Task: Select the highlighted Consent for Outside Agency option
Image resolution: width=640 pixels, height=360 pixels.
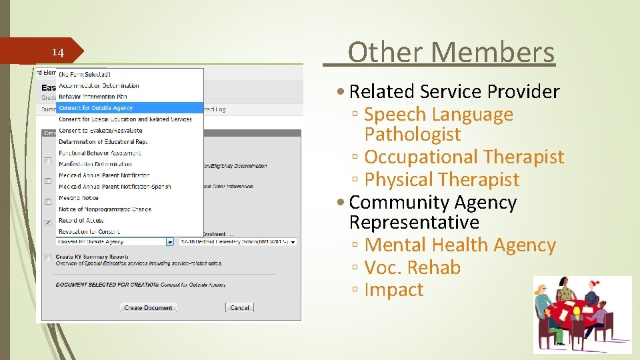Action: pos(96,108)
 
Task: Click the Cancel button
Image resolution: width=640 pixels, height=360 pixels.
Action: pos(239,307)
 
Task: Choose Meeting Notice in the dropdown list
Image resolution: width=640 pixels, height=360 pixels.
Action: pos(79,198)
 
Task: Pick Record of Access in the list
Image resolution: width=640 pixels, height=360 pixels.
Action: pos(81,220)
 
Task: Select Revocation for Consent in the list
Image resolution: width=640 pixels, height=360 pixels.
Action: pos(89,231)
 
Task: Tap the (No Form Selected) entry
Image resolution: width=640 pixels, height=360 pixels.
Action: pos(85,74)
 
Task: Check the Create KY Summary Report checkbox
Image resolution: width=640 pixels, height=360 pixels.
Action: pos(47,257)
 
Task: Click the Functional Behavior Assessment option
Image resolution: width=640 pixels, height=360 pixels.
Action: pos(99,153)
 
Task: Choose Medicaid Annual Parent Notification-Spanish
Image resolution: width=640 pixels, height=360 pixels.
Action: pos(115,187)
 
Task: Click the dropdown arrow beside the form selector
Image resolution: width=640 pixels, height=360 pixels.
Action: pos(170,242)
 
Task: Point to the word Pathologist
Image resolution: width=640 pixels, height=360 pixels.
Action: pos(413,135)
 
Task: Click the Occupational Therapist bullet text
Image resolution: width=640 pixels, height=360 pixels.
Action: pos(464,157)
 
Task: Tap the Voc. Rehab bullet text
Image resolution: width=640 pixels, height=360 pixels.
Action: pos(413,268)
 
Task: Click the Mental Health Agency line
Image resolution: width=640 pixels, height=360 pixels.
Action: pos(460,245)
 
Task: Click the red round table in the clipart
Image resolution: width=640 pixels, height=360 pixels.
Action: pos(573,313)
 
